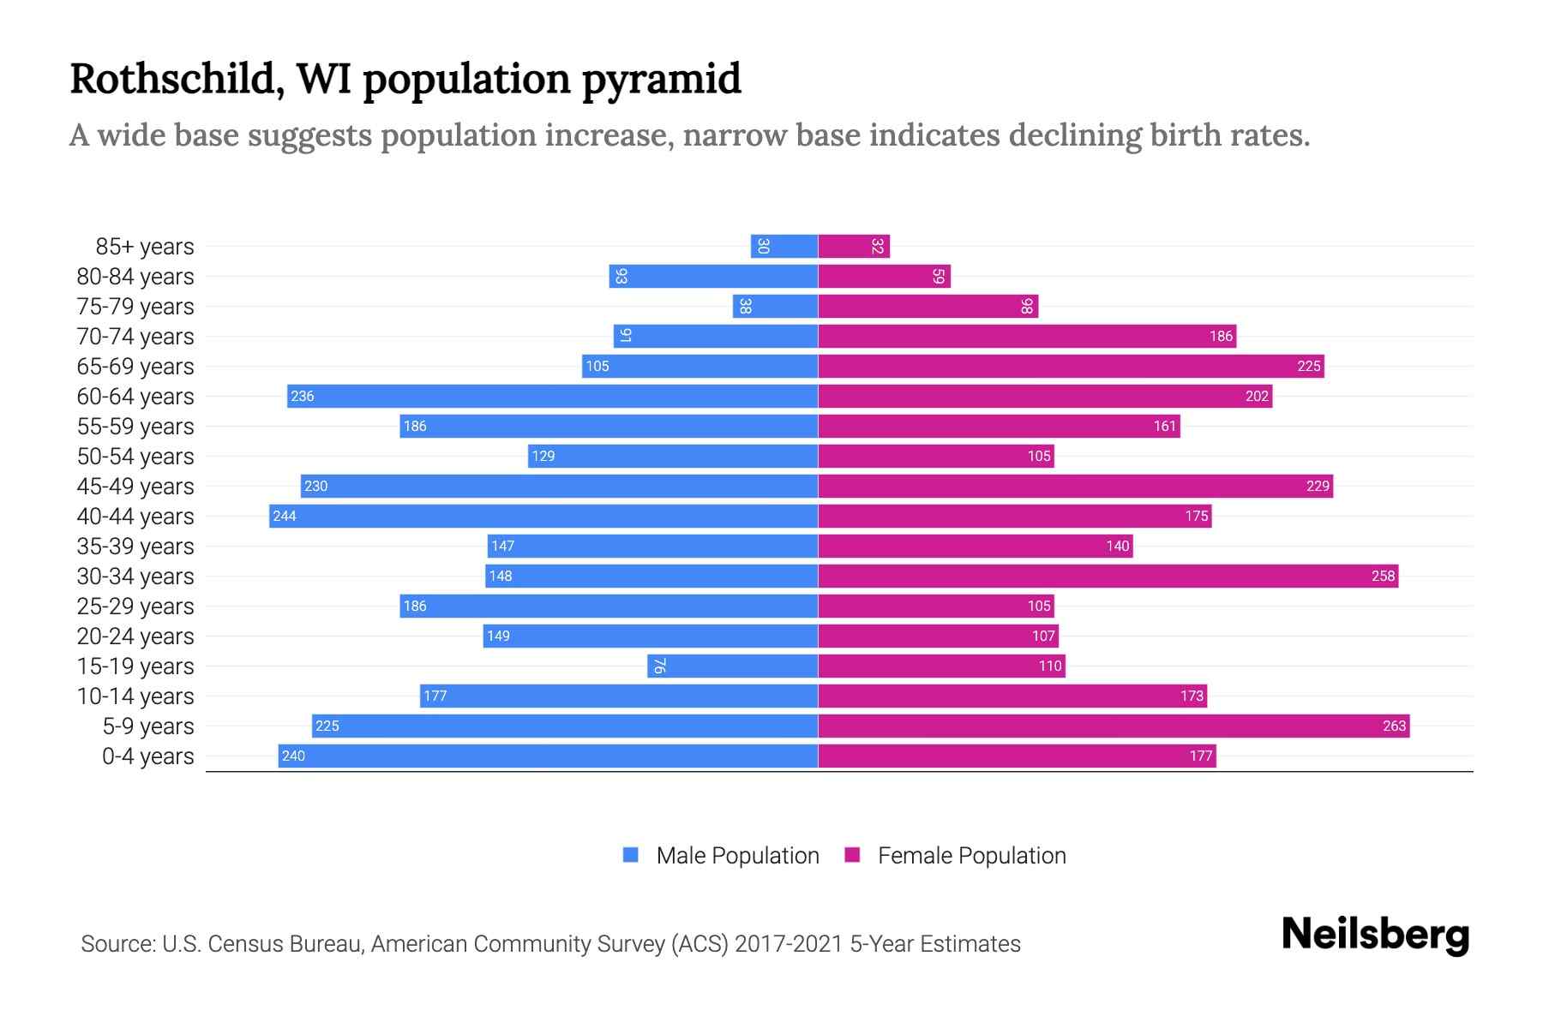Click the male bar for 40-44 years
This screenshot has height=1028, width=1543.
tap(543, 516)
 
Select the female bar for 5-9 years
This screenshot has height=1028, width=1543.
tap(1114, 726)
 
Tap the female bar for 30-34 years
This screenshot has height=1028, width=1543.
tap(1108, 576)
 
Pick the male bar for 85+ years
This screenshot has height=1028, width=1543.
tap(784, 246)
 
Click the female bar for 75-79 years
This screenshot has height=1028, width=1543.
tap(928, 306)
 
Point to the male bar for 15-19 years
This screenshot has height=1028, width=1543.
tap(733, 666)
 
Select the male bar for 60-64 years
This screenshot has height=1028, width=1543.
tap(552, 396)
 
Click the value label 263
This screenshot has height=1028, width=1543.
tap(1394, 726)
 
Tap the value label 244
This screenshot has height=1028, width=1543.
tap(285, 516)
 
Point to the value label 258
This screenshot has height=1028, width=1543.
tap(1383, 576)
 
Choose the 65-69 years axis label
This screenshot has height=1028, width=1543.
tap(135, 367)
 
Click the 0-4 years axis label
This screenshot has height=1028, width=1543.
tap(147, 756)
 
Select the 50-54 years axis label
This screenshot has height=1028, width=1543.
tap(135, 457)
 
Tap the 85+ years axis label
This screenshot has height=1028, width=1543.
tap(145, 247)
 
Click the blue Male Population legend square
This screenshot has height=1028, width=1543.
tap(631, 855)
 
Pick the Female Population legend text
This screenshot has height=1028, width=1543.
tap(971, 855)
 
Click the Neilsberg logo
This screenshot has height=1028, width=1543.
tap(1375, 935)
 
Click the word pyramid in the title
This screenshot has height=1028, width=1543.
tap(661, 80)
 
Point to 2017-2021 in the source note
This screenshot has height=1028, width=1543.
tap(789, 944)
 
